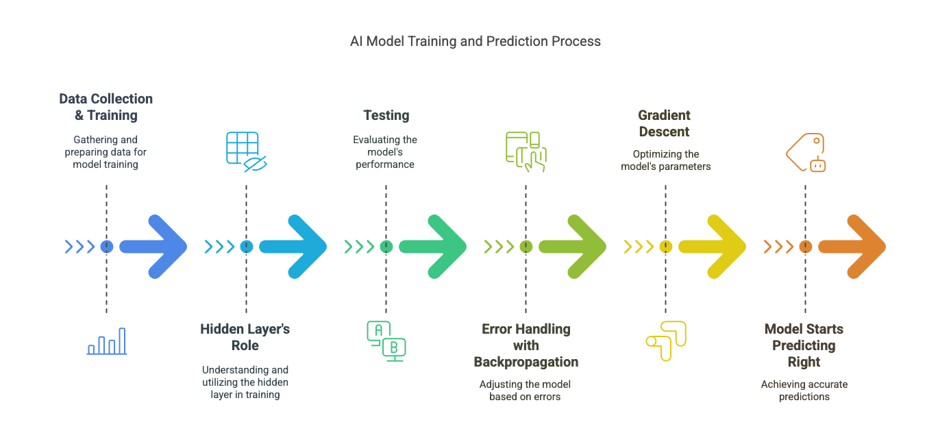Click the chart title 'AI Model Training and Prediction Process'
(x=475, y=41)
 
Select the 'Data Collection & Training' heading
(x=106, y=107)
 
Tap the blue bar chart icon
(x=107, y=341)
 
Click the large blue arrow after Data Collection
(x=154, y=247)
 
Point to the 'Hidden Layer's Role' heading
(x=245, y=337)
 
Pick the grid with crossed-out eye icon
(x=245, y=150)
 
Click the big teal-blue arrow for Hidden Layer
(x=294, y=247)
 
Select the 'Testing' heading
(x=386, y=115)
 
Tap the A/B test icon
(x=386, y=341)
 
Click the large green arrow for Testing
(x=434, y=247)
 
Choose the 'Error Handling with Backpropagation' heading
(x=526, y=345)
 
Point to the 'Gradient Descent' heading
(x=665, y=123)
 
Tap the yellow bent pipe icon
(x=665, y=341)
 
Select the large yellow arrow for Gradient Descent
(x=713, y=247)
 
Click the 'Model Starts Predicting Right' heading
(x=804, y=345)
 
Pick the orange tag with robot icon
(x=806, y=151)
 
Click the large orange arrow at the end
(x=853, y=247)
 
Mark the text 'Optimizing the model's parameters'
(x=665, y=160)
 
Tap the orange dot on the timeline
(x=806, y=247)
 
